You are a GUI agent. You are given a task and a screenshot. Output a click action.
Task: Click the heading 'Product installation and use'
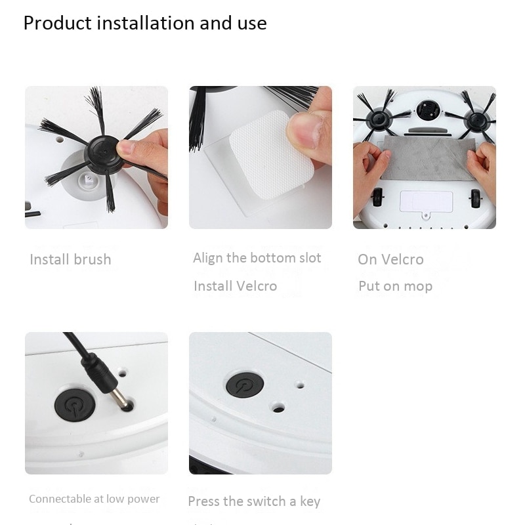145,24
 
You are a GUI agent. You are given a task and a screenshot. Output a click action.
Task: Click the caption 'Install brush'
70,259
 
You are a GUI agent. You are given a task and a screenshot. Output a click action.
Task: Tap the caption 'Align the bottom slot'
257,258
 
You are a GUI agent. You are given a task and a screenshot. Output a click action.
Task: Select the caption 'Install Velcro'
235,286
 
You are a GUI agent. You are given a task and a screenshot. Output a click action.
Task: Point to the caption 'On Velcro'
390,259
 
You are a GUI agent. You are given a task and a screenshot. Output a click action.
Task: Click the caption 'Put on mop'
395,286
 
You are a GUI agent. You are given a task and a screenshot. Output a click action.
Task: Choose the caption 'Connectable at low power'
94,499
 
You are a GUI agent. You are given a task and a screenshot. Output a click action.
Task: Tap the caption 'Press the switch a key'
254,501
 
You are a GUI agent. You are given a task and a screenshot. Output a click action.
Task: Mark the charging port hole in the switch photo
278,408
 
